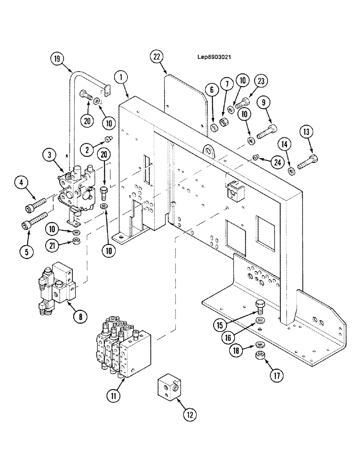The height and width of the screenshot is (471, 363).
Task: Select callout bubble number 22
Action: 157,57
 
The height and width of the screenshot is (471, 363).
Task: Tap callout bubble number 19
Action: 57,60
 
